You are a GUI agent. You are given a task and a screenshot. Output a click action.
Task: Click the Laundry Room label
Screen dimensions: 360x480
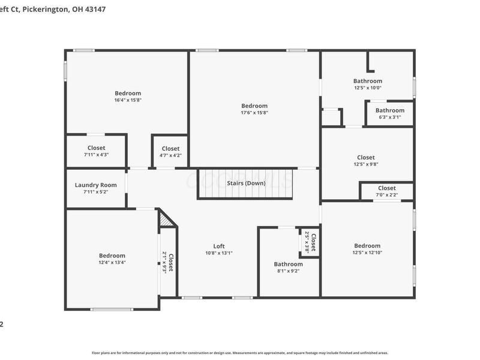click(96, 185)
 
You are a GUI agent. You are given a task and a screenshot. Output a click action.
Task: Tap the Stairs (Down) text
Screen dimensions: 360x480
click(246, 183)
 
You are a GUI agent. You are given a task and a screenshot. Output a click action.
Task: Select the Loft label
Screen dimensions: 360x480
click(219, 246)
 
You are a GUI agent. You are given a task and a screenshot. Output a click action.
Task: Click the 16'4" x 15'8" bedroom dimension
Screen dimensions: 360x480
click(128, 100)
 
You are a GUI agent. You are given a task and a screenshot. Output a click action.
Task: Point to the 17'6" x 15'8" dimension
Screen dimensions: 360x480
click(254, 113)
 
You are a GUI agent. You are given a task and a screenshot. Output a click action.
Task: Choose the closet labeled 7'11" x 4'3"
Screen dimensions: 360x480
click(96, 155)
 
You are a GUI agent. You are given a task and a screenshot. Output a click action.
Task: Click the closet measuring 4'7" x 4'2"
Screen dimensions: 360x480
click(170, 155)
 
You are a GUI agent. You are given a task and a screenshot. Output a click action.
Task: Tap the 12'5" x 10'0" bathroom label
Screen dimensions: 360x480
click(367, 88)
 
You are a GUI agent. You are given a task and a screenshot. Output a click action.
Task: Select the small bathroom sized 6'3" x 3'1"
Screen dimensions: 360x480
click(390, 118)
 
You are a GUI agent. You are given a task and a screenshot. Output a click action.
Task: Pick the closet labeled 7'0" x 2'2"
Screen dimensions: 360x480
click(387, 195)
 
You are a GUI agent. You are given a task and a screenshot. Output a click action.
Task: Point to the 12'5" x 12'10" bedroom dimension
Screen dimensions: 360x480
click(367, 253)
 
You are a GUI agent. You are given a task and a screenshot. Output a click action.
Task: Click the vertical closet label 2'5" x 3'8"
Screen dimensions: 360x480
click(307, 242)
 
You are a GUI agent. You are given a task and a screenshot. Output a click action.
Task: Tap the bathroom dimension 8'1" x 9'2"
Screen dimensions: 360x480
click(288, 271)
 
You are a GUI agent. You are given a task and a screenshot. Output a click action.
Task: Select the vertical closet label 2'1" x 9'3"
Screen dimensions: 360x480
click(164, 262)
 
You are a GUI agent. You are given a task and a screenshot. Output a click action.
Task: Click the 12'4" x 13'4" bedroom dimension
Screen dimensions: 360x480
click(112, 263)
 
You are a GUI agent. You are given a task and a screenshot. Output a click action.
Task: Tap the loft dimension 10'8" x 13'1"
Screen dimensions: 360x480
click(219, 253)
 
